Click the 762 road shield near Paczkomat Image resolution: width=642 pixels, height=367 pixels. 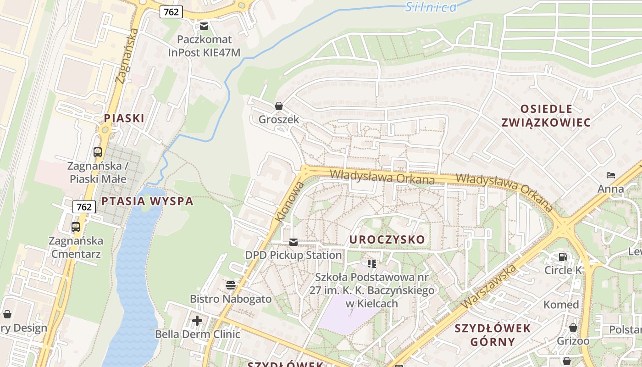coord(171,12)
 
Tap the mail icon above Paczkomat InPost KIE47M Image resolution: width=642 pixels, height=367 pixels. coord(204,26)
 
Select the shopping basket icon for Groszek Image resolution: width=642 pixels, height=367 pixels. coord(278,106)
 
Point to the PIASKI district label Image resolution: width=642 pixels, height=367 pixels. coord(124,118)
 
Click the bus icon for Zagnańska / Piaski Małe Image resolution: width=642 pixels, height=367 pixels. coord(98,152)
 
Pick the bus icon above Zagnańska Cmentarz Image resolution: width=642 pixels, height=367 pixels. coord(76,227)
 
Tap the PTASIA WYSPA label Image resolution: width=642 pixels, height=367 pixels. coord(147,201)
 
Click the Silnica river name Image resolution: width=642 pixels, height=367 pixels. coord(431,7)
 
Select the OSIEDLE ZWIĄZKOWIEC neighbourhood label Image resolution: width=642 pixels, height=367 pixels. coord(546,116)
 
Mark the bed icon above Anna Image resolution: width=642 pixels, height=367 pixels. coord(610,175)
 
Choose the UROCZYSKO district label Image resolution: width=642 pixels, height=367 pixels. coord(387,239)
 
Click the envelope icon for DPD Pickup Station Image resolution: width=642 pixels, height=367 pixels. coord(293,242)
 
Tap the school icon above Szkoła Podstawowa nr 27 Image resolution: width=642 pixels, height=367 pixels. coord(371,263)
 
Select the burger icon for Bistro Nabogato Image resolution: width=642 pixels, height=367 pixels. coord(231,285)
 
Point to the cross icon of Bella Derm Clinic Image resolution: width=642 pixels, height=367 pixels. coord(197,320)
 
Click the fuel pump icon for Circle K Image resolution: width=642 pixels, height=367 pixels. coord(563,257)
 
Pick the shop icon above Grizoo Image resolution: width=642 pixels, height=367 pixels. coord(573,328)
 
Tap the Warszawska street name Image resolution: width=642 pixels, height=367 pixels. coord(490,286)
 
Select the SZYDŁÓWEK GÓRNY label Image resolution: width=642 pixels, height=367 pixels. coord(493,335)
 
